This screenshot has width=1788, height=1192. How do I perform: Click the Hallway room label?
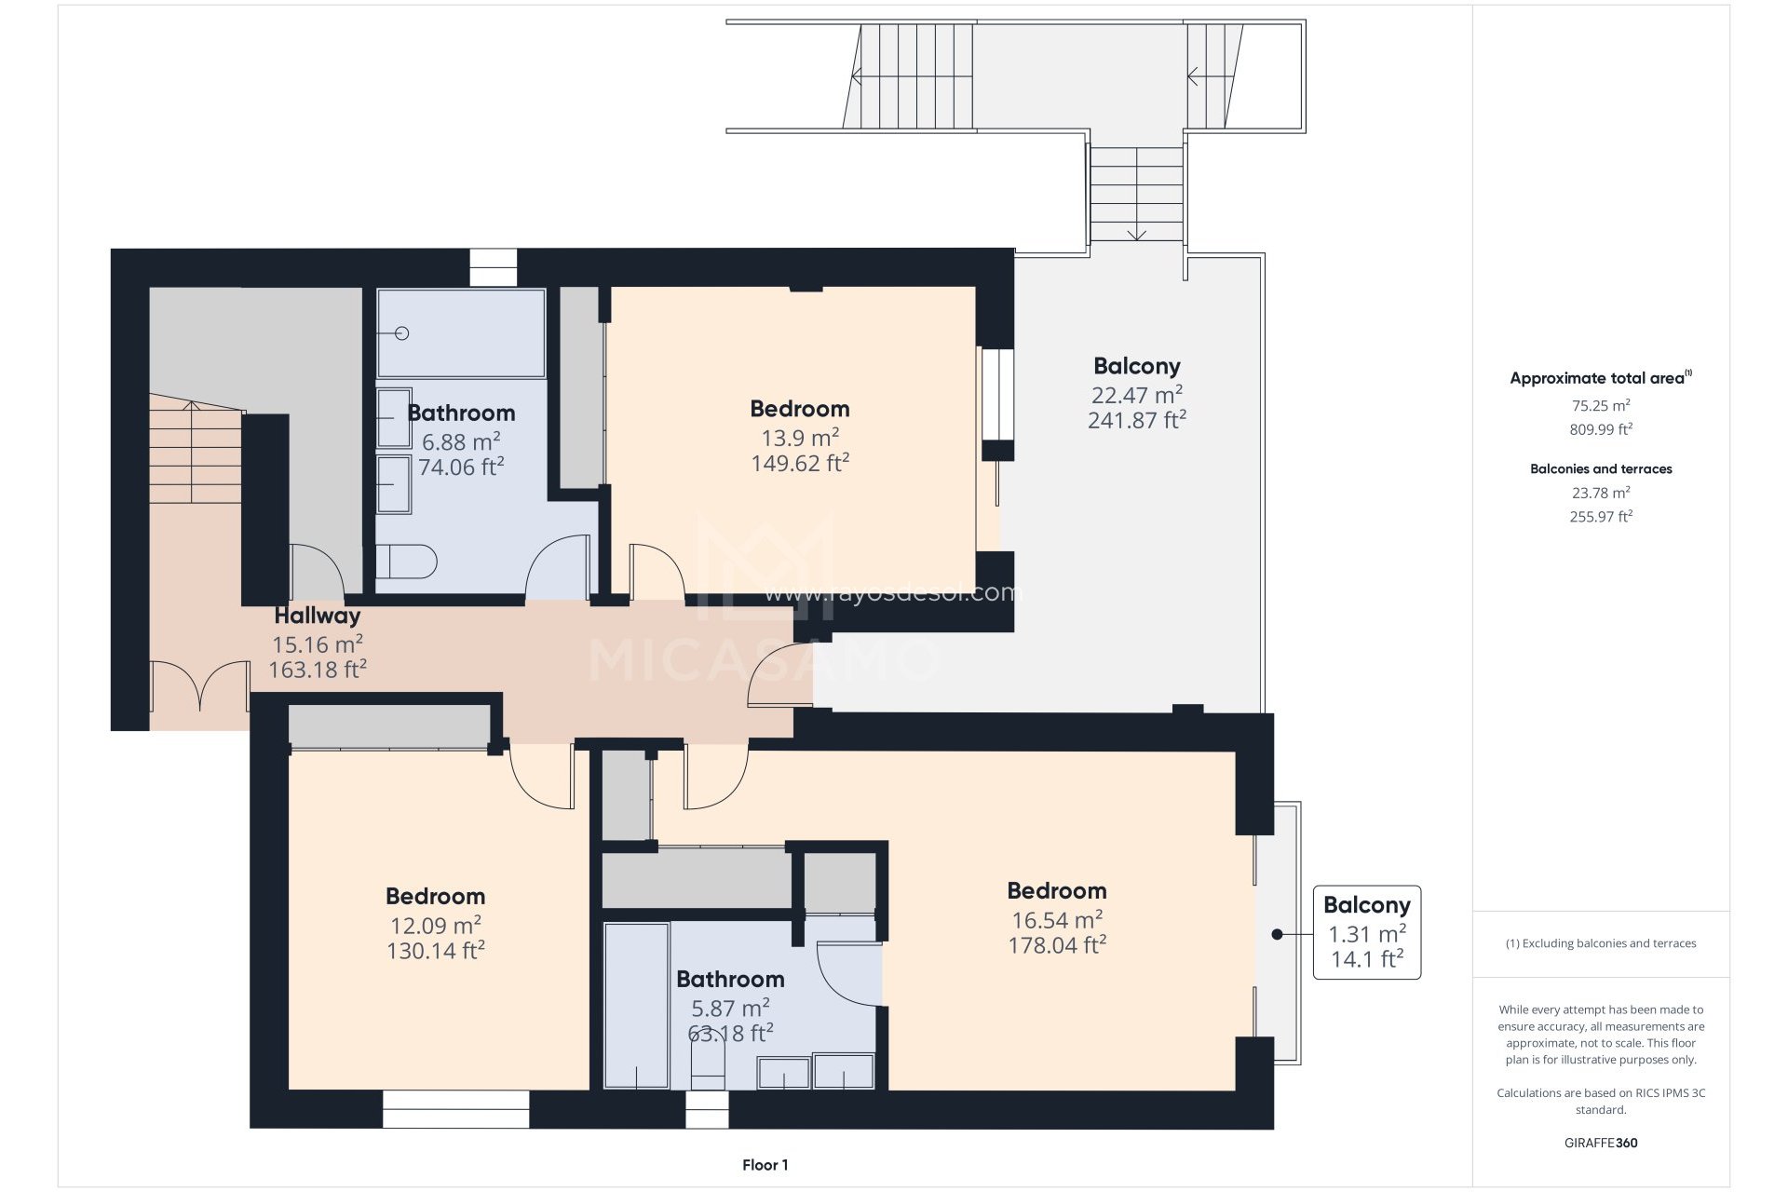318,616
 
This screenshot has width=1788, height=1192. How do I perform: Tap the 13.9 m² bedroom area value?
800,437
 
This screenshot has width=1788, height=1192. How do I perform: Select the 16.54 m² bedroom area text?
1057,919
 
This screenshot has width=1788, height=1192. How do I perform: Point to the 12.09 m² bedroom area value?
435,925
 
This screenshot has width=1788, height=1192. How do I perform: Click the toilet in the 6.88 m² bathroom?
406,562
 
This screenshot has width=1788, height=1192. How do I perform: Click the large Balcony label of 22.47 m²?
1136,366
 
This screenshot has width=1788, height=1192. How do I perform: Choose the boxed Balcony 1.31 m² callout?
1367,932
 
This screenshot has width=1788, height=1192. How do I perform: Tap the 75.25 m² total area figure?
1601,405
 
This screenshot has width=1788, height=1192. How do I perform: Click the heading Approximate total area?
1597,378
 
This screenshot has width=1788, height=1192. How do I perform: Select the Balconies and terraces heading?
1601,468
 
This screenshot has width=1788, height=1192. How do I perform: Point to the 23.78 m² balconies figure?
1601,493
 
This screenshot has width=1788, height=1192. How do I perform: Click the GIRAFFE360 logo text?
1601,1143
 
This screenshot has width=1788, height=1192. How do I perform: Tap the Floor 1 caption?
765,1165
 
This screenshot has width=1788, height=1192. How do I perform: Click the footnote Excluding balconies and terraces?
1601,943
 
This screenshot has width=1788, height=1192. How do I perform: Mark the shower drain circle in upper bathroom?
403,333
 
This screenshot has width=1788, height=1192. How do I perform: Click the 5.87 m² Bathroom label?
730,979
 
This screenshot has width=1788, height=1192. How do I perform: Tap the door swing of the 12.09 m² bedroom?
542,776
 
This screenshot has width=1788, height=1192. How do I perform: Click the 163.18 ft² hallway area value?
318,669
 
